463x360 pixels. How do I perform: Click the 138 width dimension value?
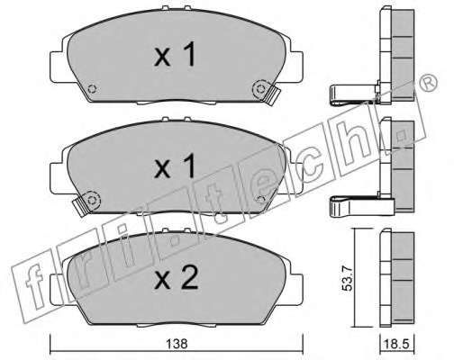tap(177, 344)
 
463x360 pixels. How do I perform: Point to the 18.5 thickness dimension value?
tap(397, 344)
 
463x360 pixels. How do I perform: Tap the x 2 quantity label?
tap(176, 278)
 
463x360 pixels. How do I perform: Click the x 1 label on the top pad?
tap(175, 54)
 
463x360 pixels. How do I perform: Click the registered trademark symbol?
tap(428, 82)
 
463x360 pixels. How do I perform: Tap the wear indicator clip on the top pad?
tap(272, 95)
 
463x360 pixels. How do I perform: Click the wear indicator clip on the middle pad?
tap(80, 207)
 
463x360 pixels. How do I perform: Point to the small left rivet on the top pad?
tap(92, 89)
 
